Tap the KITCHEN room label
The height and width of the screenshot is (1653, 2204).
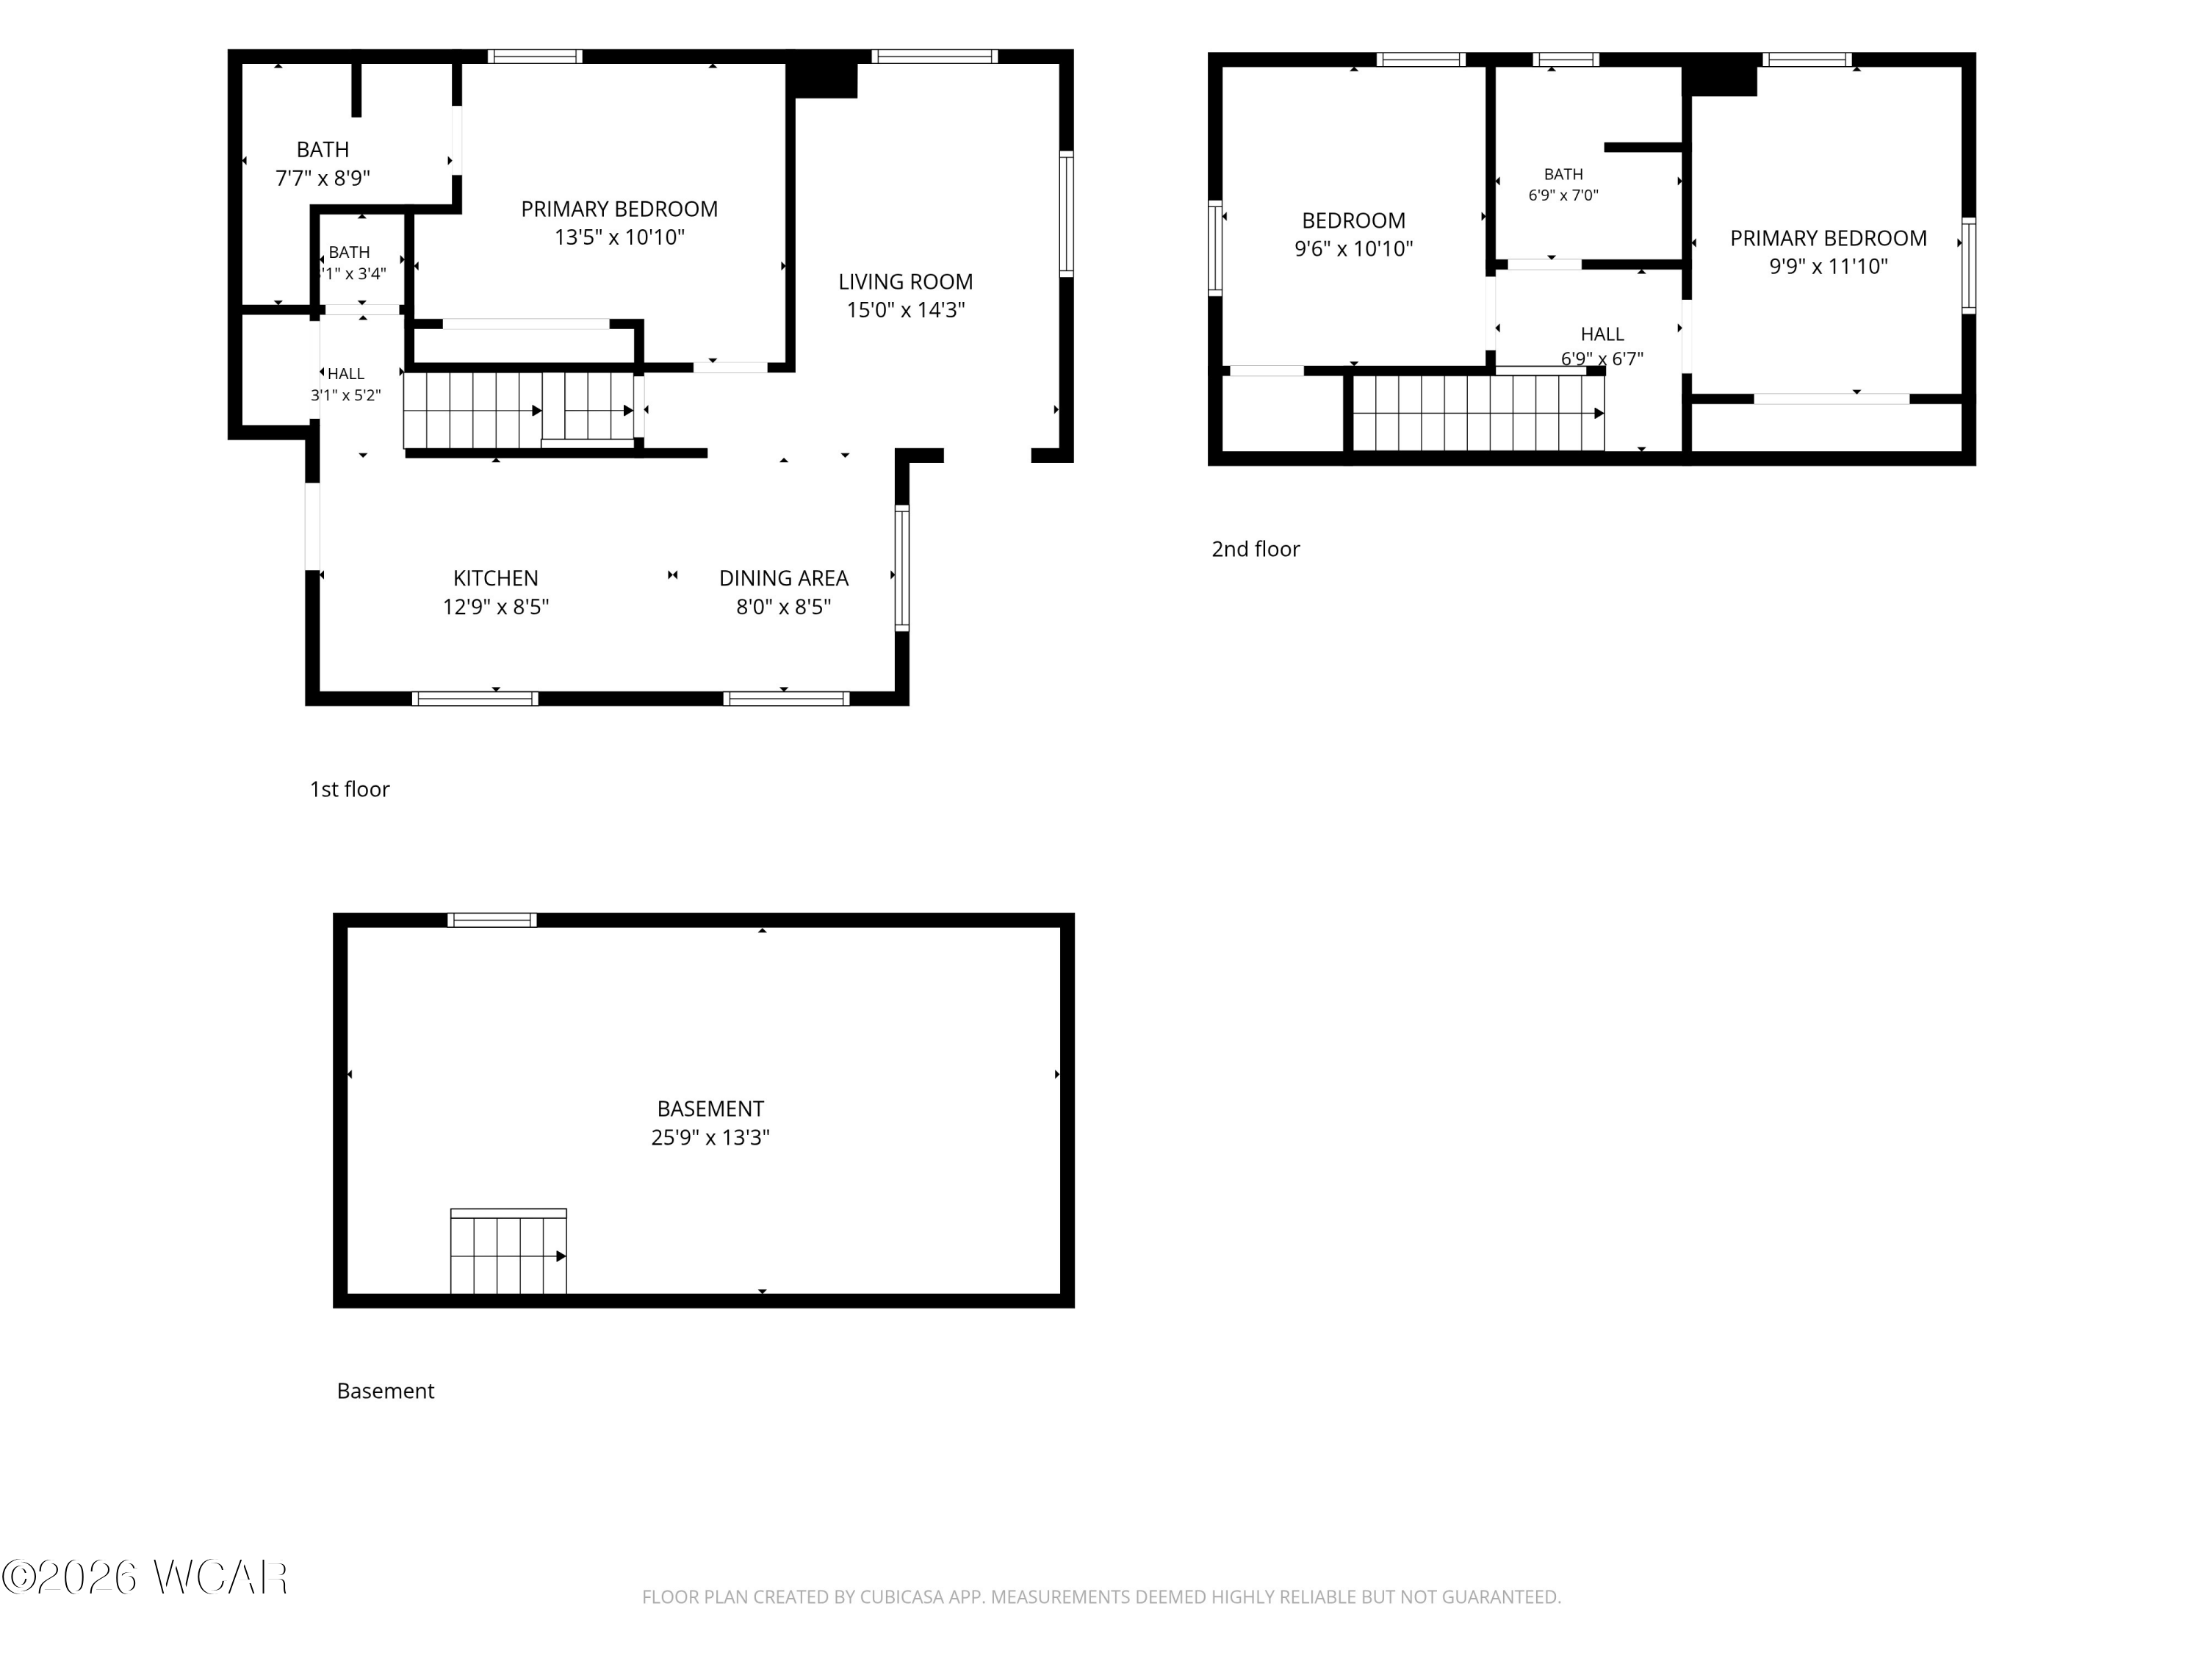pos(495,578)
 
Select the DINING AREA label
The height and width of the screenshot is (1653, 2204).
pos(783,578)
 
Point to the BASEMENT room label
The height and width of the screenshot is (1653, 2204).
pos(710,1109)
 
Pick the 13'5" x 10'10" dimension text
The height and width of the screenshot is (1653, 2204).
pos(620,237)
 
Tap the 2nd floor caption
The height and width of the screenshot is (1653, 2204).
pos(1256,549)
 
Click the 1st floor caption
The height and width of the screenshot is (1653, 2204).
pos(350,789)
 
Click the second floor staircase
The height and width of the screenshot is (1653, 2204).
pos(1477,412)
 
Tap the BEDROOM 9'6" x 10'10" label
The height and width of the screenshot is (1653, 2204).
pos(1353,234)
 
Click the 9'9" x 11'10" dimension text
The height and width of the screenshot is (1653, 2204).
pos(1829,266)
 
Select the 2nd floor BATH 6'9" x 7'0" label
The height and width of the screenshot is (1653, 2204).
pos(1563,184)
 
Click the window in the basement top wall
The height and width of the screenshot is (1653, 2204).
pos(492,920)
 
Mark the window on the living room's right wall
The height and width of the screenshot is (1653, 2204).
pos(1066,213)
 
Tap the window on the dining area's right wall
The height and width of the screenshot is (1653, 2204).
pos(901,568)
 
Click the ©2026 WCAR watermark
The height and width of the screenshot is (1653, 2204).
pos(145,1577)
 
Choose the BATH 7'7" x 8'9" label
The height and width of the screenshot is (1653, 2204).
pos(323,163)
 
